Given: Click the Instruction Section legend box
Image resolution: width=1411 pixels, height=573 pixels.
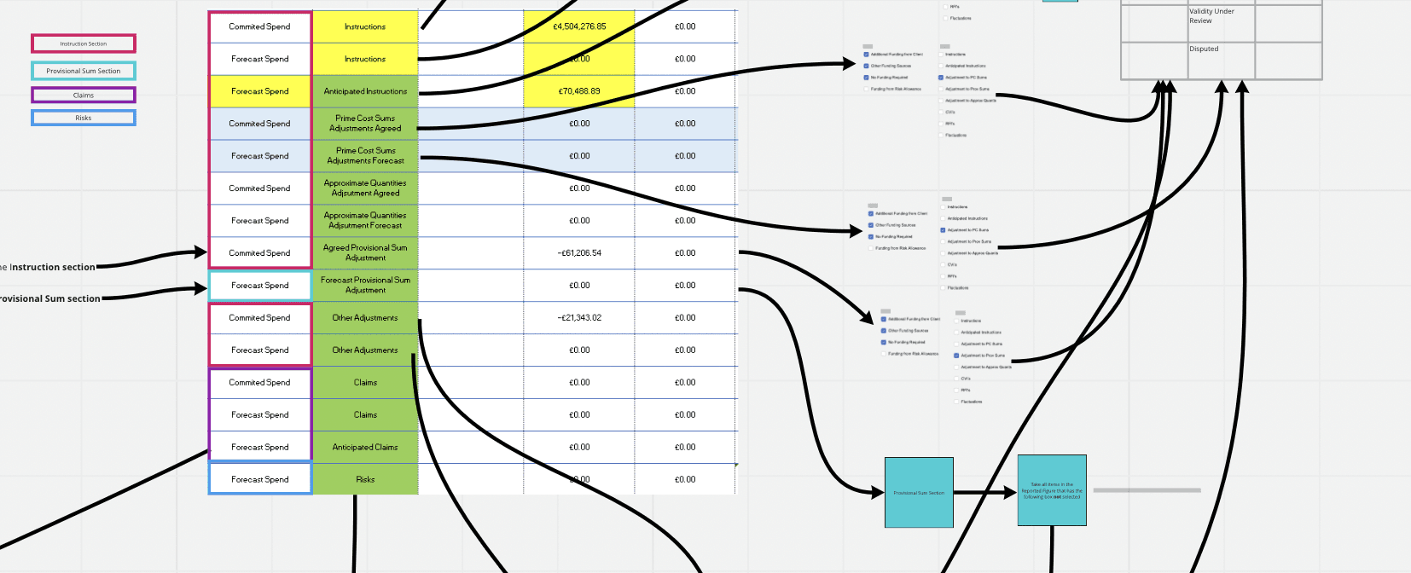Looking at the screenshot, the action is point(84,43).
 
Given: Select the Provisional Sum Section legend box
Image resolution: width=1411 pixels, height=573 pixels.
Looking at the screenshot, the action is point(84,71).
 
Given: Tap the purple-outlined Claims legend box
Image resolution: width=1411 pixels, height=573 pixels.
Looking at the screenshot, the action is point(84,95).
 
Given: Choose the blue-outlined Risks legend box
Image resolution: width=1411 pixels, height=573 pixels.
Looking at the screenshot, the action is point(84,118).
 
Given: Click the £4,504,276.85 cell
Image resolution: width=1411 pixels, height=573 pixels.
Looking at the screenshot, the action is point(579,26).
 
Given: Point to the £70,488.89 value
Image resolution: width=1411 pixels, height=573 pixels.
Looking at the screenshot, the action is point(579,91).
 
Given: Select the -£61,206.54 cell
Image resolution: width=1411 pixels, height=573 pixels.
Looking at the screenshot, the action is point(579,253).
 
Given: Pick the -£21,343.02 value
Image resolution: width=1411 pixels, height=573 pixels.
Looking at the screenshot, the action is point(579,318).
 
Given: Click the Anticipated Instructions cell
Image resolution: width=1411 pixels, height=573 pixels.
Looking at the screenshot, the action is point(365,91).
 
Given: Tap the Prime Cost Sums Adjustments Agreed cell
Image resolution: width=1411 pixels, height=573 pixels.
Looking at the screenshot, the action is point(365,124).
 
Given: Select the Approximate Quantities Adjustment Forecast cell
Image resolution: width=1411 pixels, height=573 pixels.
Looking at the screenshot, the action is point(365,221).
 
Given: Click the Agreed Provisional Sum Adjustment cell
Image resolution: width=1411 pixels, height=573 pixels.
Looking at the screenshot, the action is point(365,253).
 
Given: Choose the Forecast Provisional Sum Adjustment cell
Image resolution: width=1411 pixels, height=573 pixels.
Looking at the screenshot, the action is point(365,286).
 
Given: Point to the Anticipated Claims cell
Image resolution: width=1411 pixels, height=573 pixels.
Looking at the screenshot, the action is point(365,448).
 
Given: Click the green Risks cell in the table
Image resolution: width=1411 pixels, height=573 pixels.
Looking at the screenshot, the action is point(365,480).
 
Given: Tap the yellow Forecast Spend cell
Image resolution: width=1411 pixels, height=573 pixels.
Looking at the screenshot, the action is point(260,91).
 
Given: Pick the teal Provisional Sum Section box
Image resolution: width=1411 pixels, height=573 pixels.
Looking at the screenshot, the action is point(919,492).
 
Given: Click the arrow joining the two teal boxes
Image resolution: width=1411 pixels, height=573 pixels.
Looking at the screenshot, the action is point(985,492).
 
